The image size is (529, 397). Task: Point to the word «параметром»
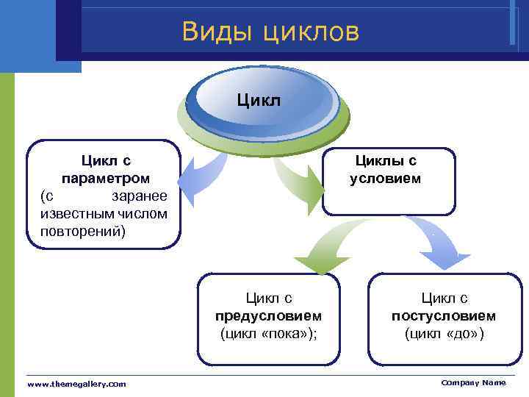[x=106, y=179]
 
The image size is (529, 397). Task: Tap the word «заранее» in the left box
[x=139, y=196]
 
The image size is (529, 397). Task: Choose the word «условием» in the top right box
[x=386, y=179]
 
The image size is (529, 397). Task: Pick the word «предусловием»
[x=268, y=316]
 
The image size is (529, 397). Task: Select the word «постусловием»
[x=444, y=316]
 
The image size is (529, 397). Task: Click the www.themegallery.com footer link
[x=76, y=384]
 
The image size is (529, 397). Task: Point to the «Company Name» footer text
[x=473, y=382]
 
